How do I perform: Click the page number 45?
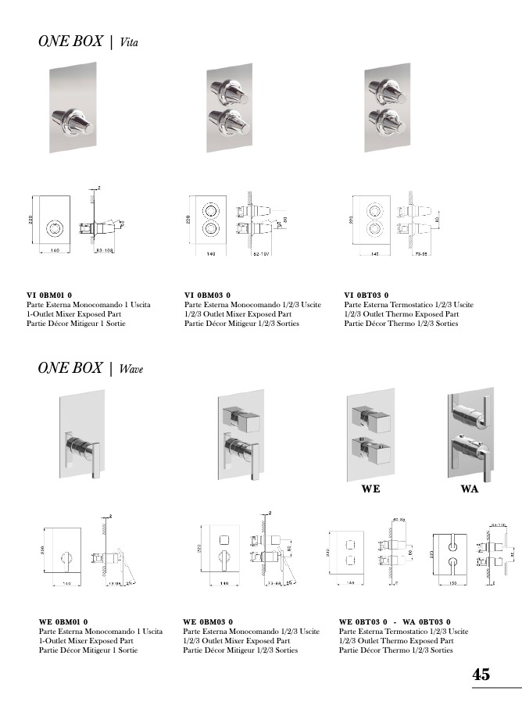[481, 675]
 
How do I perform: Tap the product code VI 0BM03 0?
[209, 295]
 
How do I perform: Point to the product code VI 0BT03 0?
[366, 295]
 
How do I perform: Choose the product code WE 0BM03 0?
[208, 621]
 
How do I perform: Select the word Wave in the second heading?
[131, 369]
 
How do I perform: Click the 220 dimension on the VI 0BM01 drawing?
[30, 221]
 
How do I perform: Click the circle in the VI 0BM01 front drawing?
[55, 228]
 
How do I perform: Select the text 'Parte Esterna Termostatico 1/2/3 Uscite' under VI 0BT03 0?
[409, 305]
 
